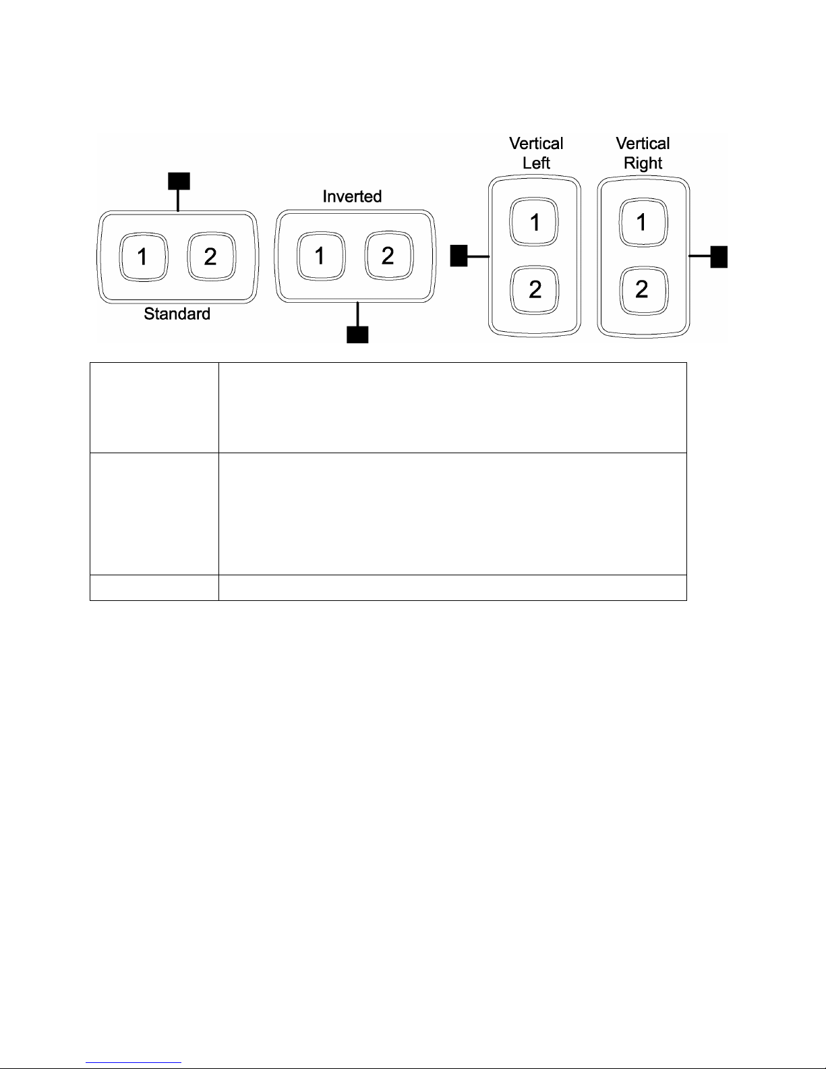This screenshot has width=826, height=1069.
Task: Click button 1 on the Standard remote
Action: [143, 257]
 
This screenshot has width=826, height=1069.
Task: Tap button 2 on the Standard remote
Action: [210, 257]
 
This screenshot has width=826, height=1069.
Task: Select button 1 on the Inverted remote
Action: [321, 256]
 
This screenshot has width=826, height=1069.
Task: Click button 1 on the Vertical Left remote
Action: [535, 222]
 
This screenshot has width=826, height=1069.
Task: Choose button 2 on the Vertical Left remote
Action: [535, 290]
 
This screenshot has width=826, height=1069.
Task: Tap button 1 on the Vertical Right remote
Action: [643, 222]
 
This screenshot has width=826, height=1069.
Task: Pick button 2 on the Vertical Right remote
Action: [643, 290]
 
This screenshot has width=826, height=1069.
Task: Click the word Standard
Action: [177, 314]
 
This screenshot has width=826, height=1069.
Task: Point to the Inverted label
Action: [352, 196]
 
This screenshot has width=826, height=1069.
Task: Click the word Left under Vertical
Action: [536, 163]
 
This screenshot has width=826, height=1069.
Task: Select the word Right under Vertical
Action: [643, 163]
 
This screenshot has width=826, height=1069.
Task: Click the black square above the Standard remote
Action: [178, 180]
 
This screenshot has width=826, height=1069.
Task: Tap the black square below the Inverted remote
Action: [357, 335]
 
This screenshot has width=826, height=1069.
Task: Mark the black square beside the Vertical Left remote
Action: [459, 256]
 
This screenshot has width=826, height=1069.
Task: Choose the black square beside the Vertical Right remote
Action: [719, 256]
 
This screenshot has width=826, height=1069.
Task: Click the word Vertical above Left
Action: [536, 144]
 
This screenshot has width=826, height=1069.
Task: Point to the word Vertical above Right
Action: [643, 144]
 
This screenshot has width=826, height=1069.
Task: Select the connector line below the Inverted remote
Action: [357, 314]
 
